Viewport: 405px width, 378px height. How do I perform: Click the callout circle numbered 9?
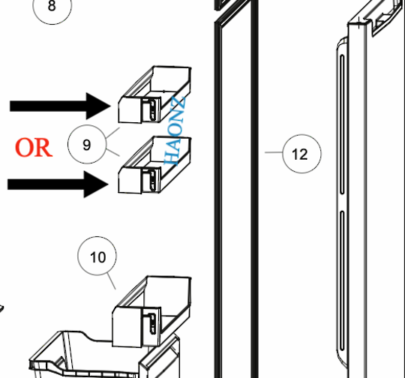pos(87,145)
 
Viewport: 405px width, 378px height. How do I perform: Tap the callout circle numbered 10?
pos(98,257)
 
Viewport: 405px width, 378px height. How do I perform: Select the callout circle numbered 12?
pos(299,154)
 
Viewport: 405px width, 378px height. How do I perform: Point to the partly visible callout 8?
pos(51,7)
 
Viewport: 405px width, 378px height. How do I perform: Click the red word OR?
pos(34,147)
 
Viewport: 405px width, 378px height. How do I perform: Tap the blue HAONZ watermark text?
pos(177,131)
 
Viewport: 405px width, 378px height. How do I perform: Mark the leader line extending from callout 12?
pos(274,153)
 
